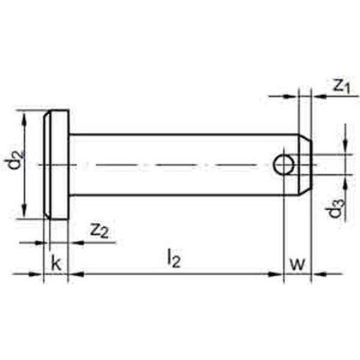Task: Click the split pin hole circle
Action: click(x=285, y=162)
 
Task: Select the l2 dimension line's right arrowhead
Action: click(x=279, y=275)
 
